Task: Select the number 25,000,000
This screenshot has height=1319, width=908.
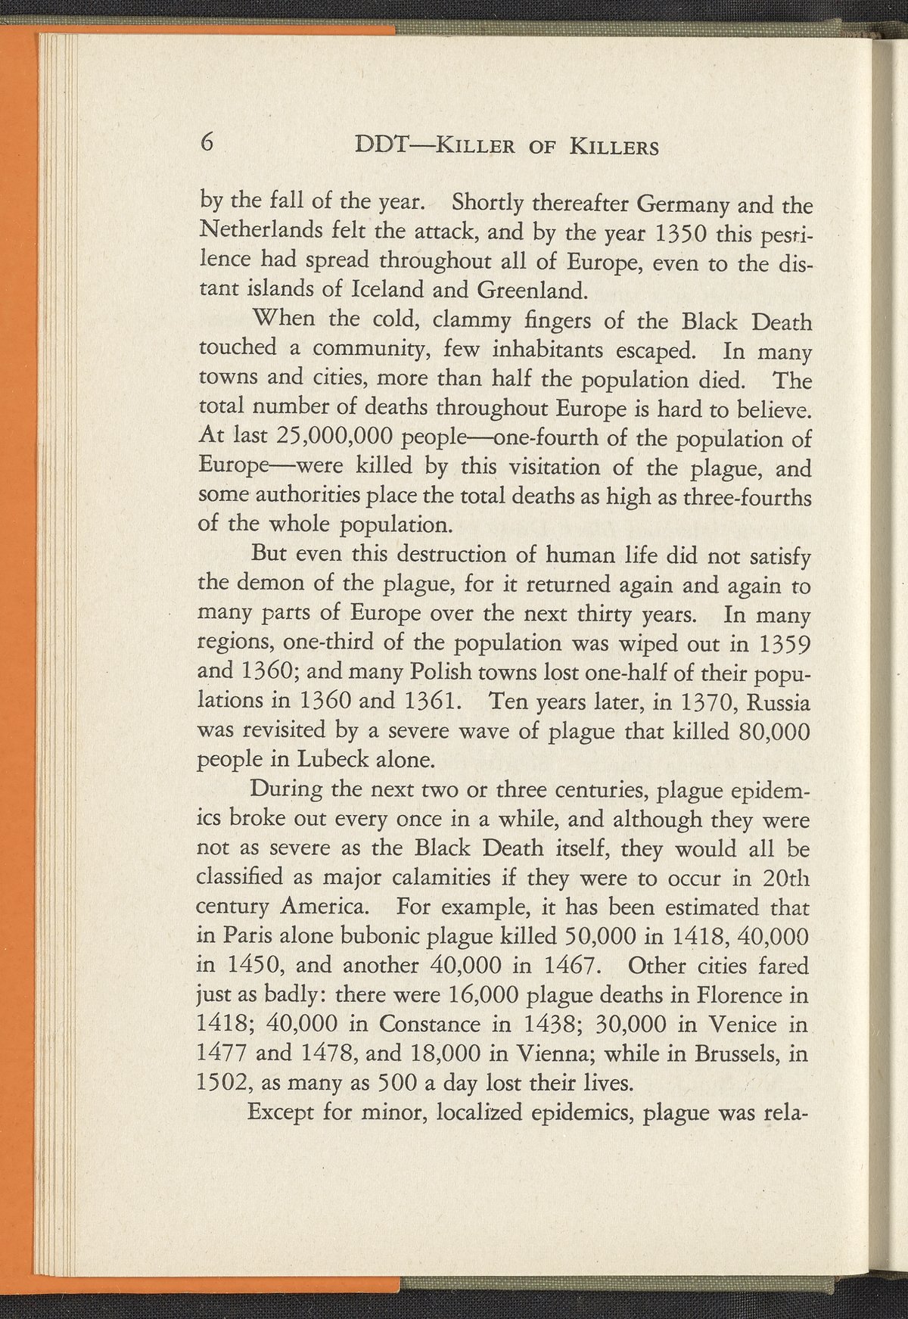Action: click(322, 438)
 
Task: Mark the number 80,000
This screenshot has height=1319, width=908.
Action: click(773, 732)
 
